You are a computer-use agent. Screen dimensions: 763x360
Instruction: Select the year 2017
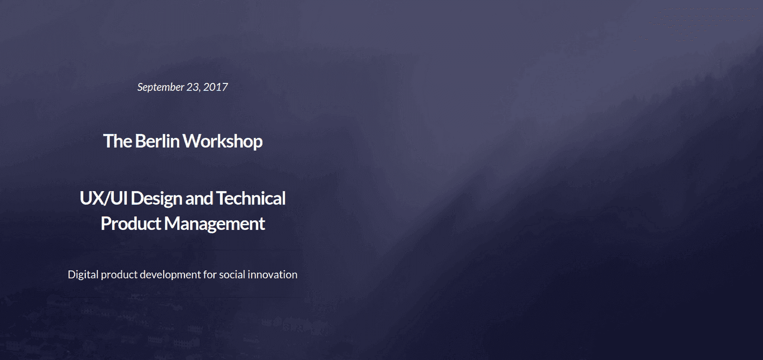(x=215, y=87)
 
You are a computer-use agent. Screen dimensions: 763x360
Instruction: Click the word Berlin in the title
(x=157, y=141)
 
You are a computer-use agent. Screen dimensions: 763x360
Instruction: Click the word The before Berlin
(x=118, y=141)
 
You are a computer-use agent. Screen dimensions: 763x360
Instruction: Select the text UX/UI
(x=104, y=198)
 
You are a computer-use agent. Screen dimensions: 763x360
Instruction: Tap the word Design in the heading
(x=156, y=199)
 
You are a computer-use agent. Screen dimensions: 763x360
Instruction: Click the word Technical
(x=251, y=198)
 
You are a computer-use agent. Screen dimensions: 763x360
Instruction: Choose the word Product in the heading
(x=131, y=224)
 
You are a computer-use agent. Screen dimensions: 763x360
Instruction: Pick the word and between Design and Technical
(x=199, y=198)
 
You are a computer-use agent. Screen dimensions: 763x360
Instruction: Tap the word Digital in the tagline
(x=83, y=275)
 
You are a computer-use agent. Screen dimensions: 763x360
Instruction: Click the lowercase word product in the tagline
(x=119, y=275)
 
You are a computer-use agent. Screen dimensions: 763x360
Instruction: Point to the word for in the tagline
(x=210, y=275)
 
